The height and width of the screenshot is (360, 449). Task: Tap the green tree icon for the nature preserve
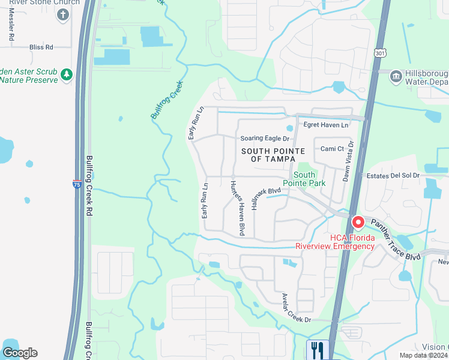67,74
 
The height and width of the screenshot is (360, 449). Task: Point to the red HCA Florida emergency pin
358,223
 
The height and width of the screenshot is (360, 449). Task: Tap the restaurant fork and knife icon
316,349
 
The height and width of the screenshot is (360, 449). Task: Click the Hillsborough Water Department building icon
396,76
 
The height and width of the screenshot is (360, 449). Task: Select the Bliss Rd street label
41,47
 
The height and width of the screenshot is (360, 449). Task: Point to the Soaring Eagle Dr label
265,139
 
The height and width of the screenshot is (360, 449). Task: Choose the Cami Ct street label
332,149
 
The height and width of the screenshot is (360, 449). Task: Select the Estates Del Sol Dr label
393,175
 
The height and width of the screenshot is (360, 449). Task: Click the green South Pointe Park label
304,179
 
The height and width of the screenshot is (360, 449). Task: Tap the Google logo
19,353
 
